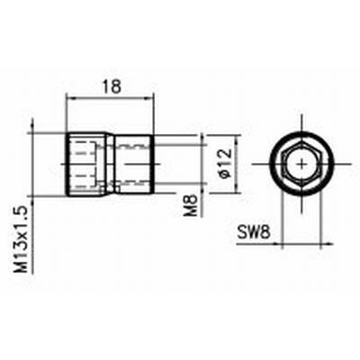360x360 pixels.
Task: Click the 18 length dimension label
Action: tap(112, 86)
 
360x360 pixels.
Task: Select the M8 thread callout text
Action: tap(191, 205)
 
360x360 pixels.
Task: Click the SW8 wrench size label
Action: tap(254, 232)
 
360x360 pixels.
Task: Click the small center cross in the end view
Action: tap(302, 164)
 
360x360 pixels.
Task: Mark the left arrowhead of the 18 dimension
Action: tap(69, 97)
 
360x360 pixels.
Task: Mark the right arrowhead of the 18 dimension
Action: tap(149, 97)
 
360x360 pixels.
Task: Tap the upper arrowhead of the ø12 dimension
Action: tap(238, 139)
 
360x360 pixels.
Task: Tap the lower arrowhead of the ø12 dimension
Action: tap(238, 188)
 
